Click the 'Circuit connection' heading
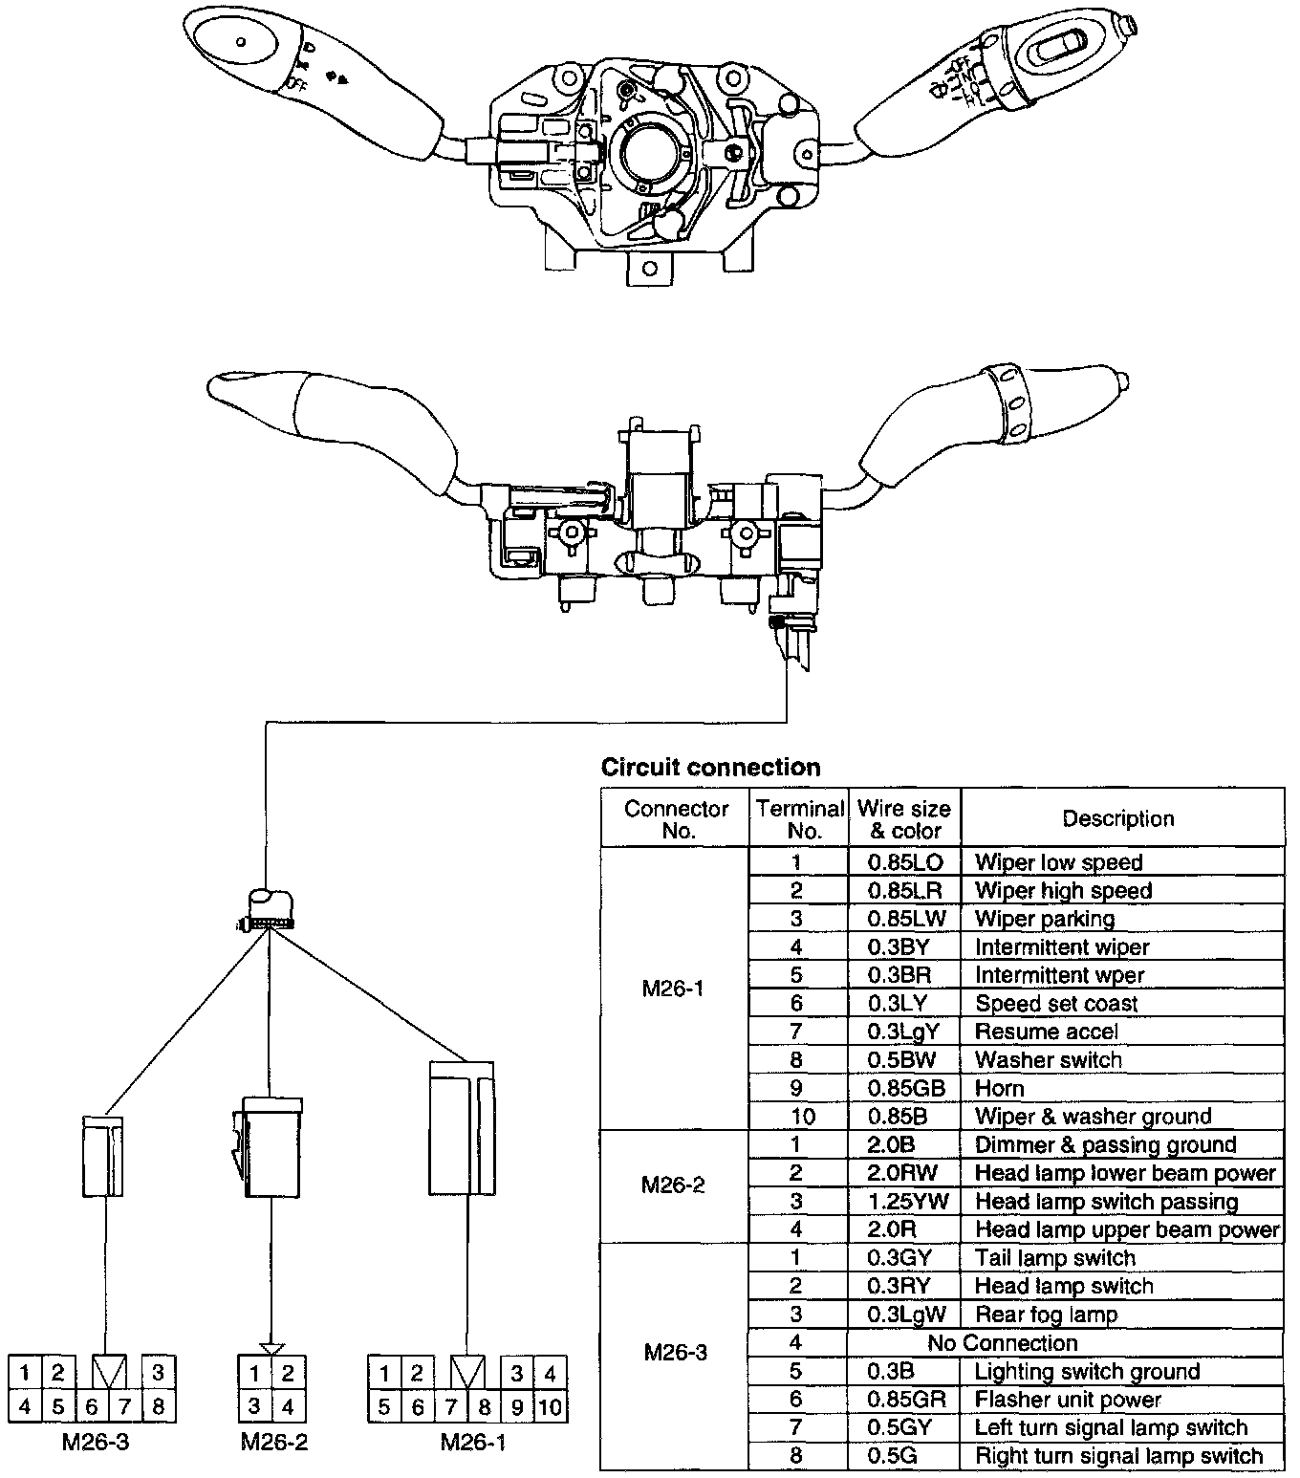click(x=710, y=768)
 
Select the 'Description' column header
click(x=1117, y=818)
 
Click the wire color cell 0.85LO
click(x=904, y=862)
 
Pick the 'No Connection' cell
click(x=1003, y=1343)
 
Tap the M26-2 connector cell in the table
click(x=673, y=1185)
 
